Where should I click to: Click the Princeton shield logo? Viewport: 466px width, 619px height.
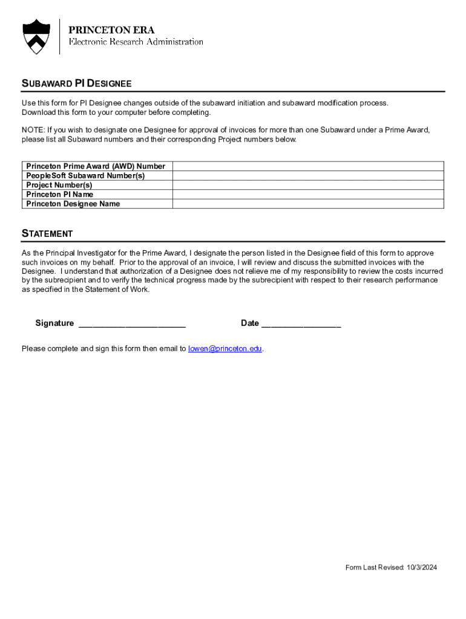pos(36,36)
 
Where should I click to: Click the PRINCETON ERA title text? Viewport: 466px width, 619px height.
pos(111,30)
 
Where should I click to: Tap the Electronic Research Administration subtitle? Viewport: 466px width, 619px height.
pos(136,42)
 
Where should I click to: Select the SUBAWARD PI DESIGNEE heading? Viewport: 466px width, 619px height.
pos(77,83)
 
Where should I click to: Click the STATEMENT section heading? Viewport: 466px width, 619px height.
pos(47,233)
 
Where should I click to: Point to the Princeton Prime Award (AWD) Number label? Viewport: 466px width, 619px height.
pos(96,166)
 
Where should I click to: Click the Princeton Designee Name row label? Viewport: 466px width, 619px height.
pos(73,204)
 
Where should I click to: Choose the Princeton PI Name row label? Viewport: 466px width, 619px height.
pos(60,194)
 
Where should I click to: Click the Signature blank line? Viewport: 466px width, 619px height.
pos(132,324)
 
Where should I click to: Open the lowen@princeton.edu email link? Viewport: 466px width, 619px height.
pos(225,349)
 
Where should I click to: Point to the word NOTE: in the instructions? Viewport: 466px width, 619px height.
pos(33,130)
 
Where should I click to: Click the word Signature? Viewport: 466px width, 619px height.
pos(54,323)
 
